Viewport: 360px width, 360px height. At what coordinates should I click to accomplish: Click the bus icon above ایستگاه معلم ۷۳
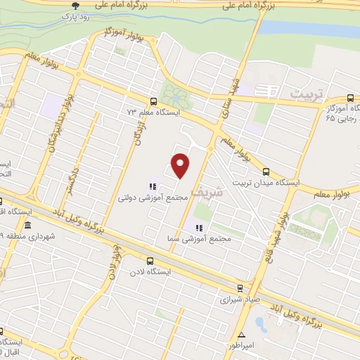pos(154,101)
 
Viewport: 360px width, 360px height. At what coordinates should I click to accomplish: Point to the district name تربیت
pos(309,94)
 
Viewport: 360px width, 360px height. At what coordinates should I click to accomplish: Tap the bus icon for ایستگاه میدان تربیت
pos(266,170)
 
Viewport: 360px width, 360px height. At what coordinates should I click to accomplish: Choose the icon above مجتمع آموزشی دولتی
pos(151,187)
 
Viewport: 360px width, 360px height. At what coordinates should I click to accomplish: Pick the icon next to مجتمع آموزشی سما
pos(199,228)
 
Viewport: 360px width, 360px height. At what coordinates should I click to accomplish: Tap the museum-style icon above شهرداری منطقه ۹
pos(27,225)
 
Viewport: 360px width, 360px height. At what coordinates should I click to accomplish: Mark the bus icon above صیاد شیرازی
pos(240,287)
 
